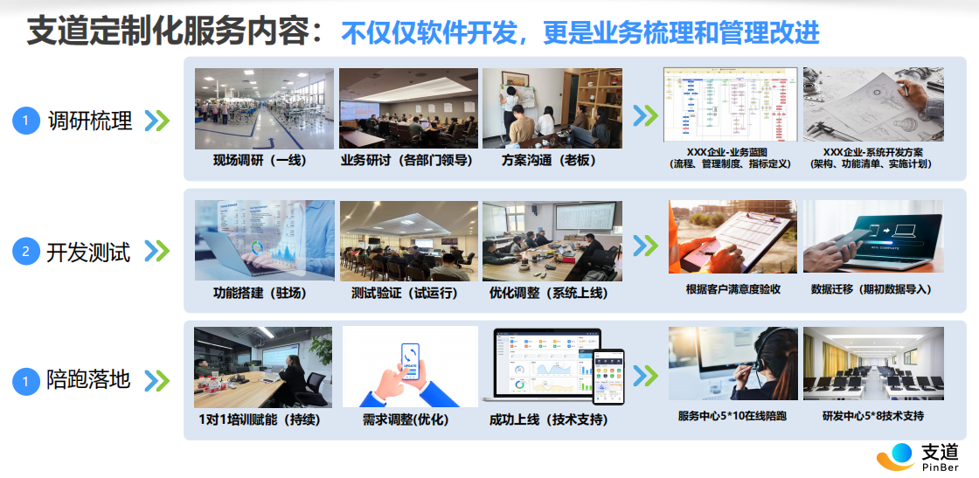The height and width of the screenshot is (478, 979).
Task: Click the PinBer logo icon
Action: [896, 456]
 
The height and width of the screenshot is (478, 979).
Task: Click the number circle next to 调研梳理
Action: [26, 121]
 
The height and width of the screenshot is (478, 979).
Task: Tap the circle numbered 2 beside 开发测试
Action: [26, 253]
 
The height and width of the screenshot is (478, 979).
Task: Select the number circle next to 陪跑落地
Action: [26, 381]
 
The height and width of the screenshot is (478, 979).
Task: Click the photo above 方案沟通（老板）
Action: [552, 107]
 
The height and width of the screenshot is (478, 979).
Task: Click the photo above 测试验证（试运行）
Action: [408, 241]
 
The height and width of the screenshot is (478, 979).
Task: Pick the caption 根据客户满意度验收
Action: [733, 289]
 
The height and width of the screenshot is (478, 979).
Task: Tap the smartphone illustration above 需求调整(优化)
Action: [408, 365]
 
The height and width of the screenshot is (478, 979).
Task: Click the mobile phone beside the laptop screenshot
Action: [608, 376]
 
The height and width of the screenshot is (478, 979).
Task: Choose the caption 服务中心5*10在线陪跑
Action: [732, 416]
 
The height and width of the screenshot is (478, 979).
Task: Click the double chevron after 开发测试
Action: [156, 252]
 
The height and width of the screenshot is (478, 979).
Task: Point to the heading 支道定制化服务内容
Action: [166, 32]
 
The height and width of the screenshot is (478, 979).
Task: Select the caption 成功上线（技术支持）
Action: [549, 419]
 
